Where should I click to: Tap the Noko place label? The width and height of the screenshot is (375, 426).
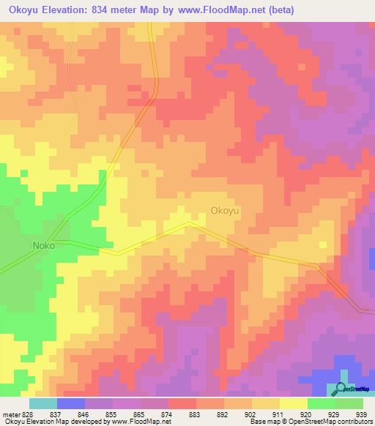click(43, 246)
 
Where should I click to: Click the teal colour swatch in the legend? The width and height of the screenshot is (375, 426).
click(43, 403)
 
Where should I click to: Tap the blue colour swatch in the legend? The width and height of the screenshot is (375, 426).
click(71, 403)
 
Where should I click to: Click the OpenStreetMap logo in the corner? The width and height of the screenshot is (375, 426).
click(354, 389)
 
